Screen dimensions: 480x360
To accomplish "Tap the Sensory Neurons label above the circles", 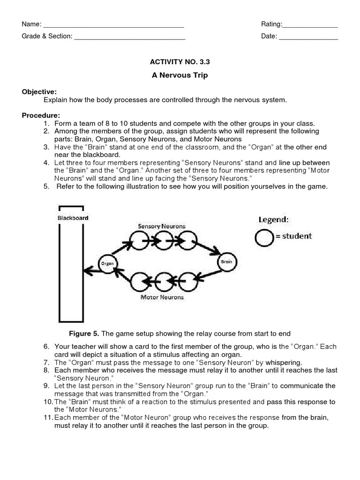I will [161, 226].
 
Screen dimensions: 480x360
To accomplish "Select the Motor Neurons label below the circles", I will [162, 297].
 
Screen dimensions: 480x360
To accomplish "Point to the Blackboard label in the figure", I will [73, 218].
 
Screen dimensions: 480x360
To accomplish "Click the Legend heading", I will [274, 219].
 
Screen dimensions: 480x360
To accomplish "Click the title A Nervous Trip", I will [180, 75].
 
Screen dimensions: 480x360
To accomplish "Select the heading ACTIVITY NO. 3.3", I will [180, 61].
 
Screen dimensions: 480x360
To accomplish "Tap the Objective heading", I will [39, 91].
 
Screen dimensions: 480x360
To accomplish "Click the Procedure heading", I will [41, 115].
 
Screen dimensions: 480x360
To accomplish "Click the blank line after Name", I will [113, 25].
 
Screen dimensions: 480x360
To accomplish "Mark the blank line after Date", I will [308, 37].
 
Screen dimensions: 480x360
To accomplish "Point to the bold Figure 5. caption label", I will [84, 333].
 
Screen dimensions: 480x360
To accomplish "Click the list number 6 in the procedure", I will [46, 346].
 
